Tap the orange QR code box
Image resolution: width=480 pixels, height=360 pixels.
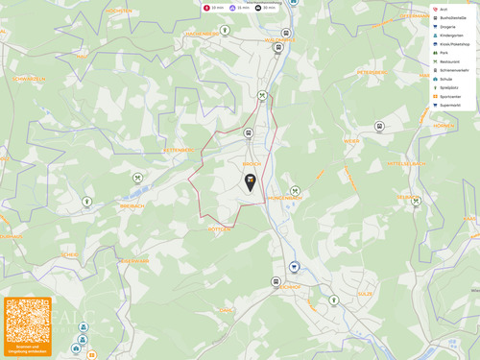[28, 324]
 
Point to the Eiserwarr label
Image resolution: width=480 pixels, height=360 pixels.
[133, 260]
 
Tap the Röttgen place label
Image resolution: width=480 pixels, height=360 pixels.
[219, 229]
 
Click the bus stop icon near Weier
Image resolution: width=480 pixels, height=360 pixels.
[379, 127]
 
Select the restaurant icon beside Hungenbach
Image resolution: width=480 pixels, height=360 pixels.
[295, 191]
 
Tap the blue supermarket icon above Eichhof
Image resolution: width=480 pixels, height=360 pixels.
[295, 267]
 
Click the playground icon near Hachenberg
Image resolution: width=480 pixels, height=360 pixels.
[225, 30]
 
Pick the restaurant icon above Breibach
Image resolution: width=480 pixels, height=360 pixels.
[138, 178]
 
